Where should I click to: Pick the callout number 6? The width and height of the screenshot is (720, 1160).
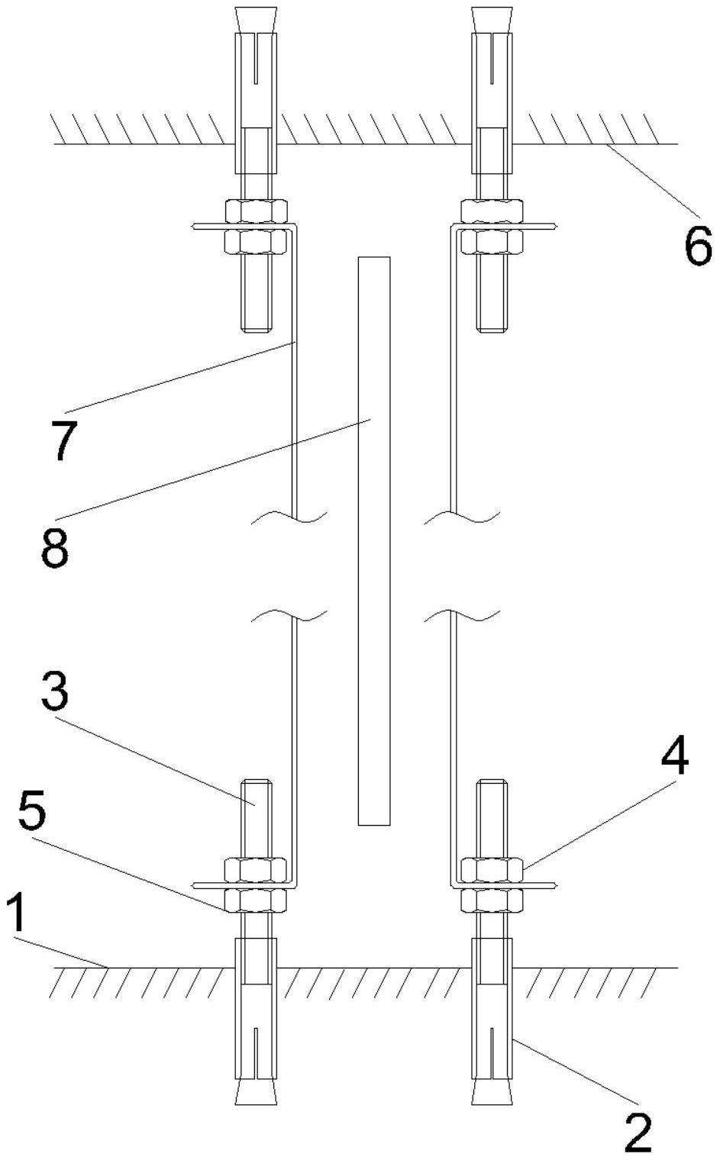coord(697,246)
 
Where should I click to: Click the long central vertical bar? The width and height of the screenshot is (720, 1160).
coord(374,540)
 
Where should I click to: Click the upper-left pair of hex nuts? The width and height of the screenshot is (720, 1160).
coord(256,226)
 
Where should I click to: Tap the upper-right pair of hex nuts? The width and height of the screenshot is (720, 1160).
coord(492,226)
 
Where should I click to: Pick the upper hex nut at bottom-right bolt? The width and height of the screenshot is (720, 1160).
coord(492,869)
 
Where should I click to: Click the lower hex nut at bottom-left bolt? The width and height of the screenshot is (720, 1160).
coord(256,901)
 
